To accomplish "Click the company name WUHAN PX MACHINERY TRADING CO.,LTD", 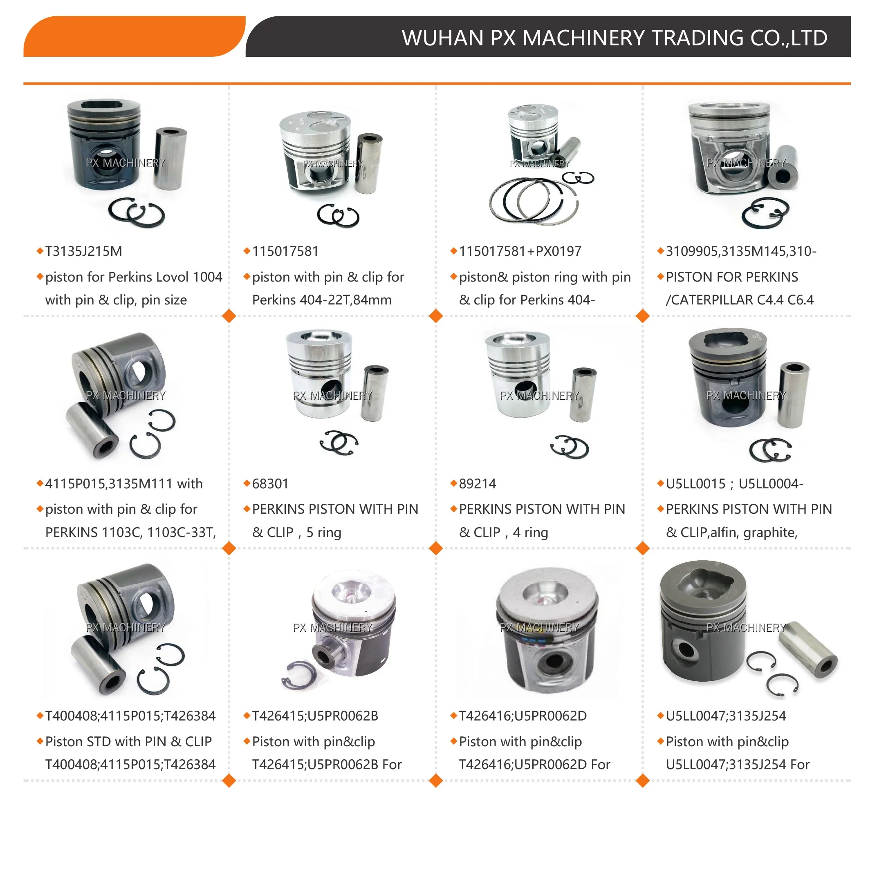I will pyautogui.click(x=614, y=38).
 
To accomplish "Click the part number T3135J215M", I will pyautogui.click(x=83, y=251).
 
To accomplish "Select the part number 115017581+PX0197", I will pyautogui.click(x=520, y=251).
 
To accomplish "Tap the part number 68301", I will pyautogui.click(x=270, y=483).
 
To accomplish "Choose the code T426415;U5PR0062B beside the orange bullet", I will pyautogui.click(x=315, y=716).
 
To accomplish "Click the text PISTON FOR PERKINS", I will pyautogui.click(x=732, y=277).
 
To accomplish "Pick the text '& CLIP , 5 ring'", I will pyautogui.click(x=296, y=532).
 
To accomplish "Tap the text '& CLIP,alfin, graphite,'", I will pyautogui.click(x=731, y=532).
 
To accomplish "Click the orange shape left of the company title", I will pyautogui.click(x=134, y=36).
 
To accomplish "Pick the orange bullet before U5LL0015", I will pyautogui.click(x=660, y=483).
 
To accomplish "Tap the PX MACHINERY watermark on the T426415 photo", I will pyautogui.click(x=332, y=628).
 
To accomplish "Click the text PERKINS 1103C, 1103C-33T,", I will pyautogui.click(x=130, y=532).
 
